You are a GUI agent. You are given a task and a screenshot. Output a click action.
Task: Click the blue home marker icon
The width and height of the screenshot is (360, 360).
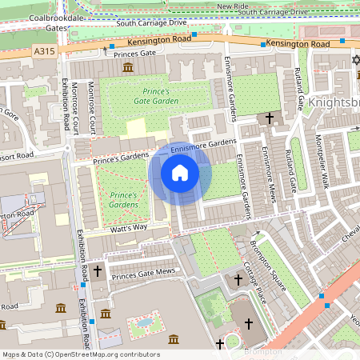180,173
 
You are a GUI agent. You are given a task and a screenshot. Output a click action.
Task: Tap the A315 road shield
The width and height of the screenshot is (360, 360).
45,50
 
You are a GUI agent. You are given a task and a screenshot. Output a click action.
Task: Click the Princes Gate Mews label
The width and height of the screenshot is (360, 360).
143,275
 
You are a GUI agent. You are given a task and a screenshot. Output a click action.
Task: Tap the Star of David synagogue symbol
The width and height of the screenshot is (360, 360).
357,61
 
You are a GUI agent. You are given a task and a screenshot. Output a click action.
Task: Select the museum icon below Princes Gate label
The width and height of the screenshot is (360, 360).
128,68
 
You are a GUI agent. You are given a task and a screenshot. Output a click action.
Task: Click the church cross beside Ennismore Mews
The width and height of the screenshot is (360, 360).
270,118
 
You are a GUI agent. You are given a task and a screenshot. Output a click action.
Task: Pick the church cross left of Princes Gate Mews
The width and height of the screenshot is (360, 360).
98,271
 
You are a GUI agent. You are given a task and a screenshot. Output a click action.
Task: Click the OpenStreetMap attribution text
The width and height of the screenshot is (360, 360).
81,354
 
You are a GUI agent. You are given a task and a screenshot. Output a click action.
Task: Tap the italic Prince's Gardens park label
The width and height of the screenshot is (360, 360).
124,200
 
